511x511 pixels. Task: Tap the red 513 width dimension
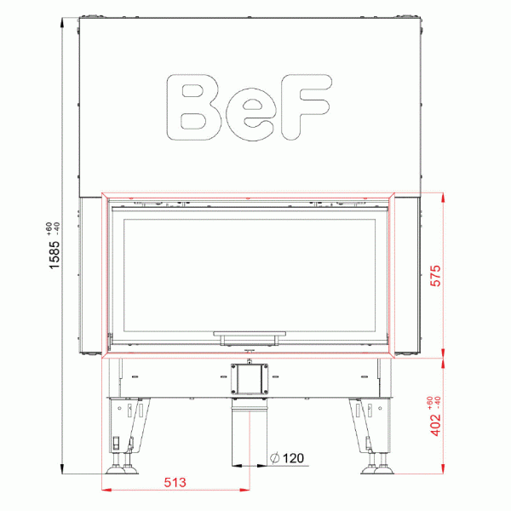click(x=175, y=482)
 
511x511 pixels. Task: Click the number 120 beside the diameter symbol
click(x=292, y=458)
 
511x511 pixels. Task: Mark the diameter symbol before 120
click(x=272, y=458)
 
